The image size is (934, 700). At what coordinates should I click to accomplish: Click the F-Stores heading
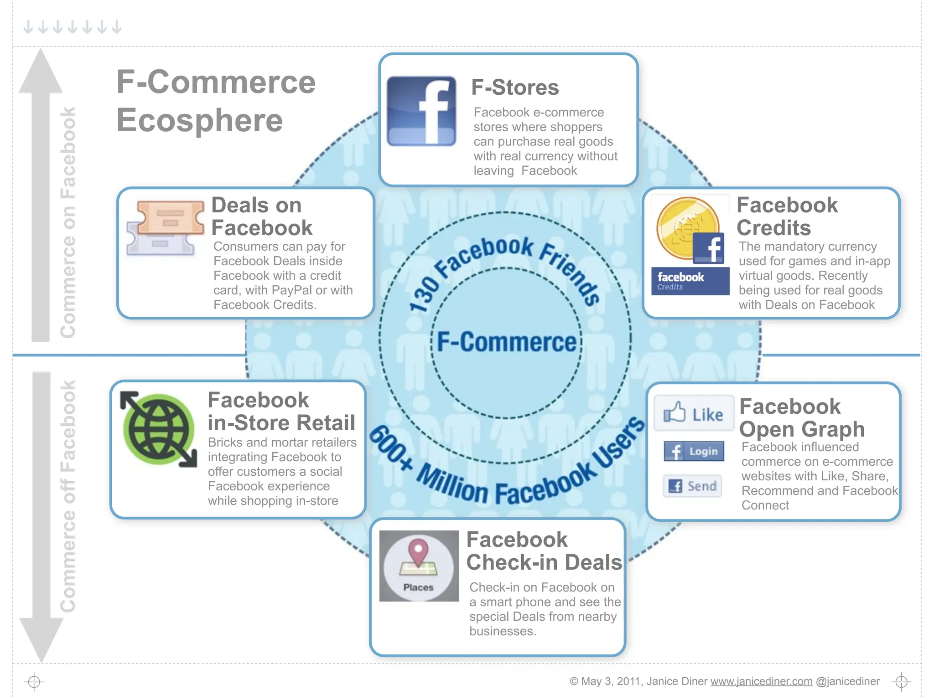click(515, 87)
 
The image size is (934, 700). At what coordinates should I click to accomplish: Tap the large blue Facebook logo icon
click(421, 111)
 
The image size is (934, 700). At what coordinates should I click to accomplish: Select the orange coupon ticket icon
click(170, 218)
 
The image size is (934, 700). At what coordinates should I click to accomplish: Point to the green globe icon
click(158, 429)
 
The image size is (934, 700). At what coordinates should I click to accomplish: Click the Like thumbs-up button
click(693, 413)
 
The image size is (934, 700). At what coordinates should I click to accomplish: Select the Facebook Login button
click(694, 451)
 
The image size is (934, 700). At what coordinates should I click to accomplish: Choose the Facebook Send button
click(692, 486)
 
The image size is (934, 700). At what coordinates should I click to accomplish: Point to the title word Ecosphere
click(200, 120)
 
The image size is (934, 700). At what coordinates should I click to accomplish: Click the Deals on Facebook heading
click(262, 216)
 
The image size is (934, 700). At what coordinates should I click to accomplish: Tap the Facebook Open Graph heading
click(801, 417)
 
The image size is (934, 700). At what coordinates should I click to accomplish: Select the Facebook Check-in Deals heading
click(544, 551)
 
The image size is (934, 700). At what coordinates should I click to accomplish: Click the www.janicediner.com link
click(761, 681)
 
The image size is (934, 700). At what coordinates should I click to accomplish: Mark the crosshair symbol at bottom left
click(34, 682)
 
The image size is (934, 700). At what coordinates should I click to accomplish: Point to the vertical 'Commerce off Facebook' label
click(67, 496)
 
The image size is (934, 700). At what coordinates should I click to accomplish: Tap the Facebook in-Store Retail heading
click(281, 412)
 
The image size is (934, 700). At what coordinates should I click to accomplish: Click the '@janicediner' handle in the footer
click(847, 681)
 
